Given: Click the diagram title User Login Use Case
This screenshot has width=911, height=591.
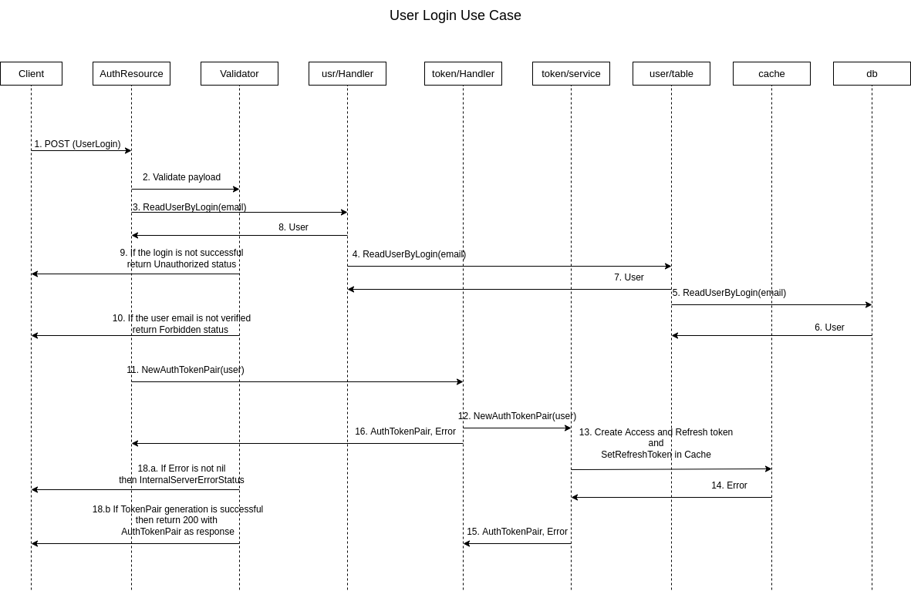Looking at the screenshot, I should coord(455,15).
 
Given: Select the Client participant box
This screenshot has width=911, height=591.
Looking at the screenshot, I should coord(31,73).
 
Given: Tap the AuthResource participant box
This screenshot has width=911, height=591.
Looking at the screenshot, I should coord(131,73).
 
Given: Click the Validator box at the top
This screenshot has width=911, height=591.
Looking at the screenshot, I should coord(239,73).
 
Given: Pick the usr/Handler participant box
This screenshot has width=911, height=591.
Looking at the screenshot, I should coord(347,73).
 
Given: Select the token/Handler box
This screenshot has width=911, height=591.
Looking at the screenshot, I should coord(463,73).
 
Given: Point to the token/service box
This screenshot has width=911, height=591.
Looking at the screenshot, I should coord(571,73).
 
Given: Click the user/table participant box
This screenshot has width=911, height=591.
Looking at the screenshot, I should coord(671,73).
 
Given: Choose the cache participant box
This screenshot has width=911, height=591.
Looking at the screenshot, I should coord(771,73).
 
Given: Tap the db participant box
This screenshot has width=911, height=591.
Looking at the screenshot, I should coord(872,73).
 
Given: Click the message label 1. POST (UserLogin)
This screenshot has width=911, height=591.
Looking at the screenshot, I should coord(77,144).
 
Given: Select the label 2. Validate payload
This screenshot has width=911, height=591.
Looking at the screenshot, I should coord(181,177).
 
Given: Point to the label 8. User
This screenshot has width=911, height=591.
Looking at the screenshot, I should coord(293,227).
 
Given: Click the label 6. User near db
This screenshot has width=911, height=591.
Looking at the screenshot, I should coord(829,327).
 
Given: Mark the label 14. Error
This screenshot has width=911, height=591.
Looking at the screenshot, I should coord(729,485).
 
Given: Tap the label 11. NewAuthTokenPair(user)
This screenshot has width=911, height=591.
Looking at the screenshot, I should coord(185,370).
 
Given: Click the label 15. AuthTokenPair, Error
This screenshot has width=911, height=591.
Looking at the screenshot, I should coord(517,532).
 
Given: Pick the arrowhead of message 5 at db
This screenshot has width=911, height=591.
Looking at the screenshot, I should coord(869,304).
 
